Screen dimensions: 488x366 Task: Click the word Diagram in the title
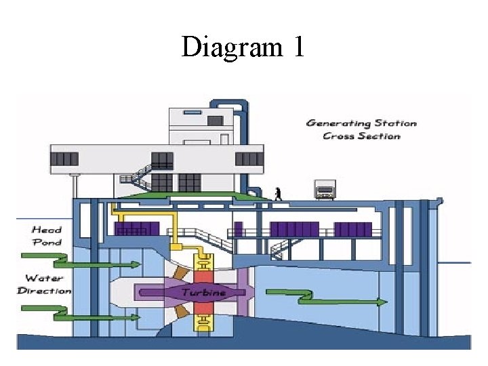[232, 47]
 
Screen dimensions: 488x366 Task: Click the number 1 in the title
[299, 46]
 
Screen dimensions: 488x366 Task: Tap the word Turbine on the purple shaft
[203, 292]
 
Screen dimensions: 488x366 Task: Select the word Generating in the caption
[338, 123]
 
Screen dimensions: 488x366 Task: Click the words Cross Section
[361, 136]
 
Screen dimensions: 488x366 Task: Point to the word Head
[47, 230]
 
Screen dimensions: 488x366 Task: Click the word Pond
[47, 242]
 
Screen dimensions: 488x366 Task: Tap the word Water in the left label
[45, 278]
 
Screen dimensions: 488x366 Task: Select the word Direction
[44, 291]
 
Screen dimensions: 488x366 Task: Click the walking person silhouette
[278, 194]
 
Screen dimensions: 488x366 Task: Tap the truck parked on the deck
[325, 189]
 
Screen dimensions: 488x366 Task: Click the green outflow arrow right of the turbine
[327, 298]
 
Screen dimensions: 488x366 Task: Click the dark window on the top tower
[215, 121]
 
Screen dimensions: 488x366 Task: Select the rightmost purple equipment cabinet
[353, 230]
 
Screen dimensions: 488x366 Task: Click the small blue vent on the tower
[192, 113]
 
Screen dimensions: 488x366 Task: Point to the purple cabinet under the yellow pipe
[137, 228]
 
